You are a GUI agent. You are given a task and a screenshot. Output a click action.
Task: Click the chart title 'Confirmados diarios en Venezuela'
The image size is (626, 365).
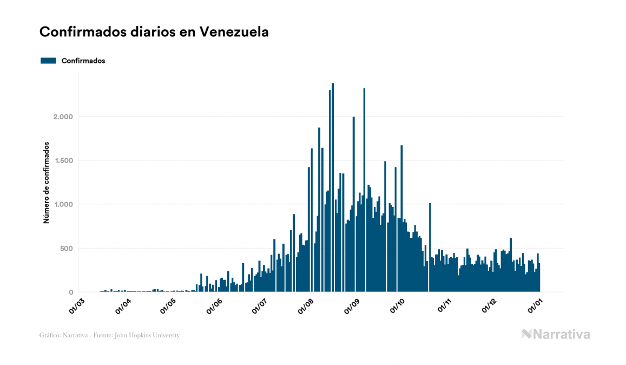pos(154,32)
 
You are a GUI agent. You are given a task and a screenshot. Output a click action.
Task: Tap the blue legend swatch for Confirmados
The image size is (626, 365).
pos(48,61)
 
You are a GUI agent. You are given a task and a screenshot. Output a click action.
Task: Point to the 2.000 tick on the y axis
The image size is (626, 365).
pos(63,117)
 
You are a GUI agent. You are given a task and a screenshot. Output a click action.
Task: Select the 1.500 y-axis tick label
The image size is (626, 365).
pos(63,161)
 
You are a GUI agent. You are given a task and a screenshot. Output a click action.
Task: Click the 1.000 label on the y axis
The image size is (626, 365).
pos(63,205)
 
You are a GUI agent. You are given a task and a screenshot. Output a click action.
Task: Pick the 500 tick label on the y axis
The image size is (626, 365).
pos(66,249)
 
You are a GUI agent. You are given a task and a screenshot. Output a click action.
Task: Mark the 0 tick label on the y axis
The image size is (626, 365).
pos(70,292)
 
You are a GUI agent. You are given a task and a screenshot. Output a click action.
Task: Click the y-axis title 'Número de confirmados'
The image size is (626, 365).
pos(47,183)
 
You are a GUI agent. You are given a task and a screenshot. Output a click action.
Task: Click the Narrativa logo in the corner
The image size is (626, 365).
pos(556,334)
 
